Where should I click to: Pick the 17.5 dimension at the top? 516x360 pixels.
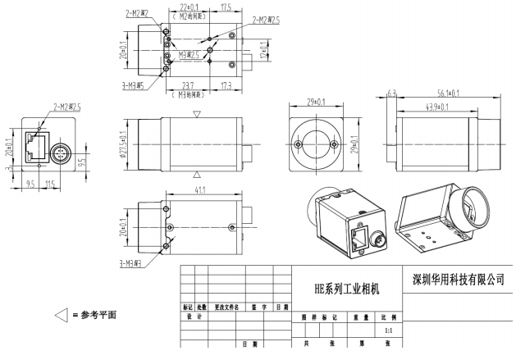225,7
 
